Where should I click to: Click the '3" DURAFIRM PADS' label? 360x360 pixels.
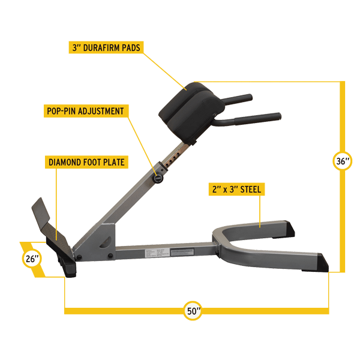click(x=106, y=47)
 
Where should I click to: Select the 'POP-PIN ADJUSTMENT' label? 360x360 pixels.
click(x=86, y=111)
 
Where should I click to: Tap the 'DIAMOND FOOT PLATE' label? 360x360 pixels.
click(x=86, y=162)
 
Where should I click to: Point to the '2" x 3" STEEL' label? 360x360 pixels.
click(x=237, y=189)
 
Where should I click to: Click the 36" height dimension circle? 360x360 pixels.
click(x=342, y=161)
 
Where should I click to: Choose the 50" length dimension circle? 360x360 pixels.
click(x=193, y=311)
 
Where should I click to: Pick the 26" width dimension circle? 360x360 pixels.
click(x=32, y=258)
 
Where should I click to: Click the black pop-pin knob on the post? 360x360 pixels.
click(x=158, y=178)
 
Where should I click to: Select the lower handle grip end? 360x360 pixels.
click(x=258, y=118)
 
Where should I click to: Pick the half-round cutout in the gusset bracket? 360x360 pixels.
click(x=105, y=242)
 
